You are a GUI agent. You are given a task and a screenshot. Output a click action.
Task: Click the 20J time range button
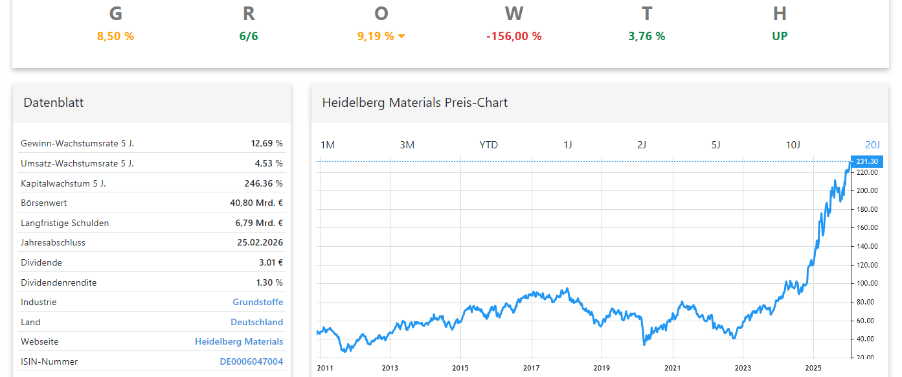(x=872, y=144)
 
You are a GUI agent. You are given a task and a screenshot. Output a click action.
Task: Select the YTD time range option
(x=488, y=144)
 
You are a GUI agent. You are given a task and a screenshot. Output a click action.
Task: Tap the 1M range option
(x=328, y=144)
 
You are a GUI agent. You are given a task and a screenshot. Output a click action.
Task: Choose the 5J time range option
(x=716, y=144)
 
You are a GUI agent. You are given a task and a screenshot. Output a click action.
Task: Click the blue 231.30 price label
(x=866, y=161)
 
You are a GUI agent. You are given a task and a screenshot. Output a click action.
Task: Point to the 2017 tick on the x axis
(x=532, y=368)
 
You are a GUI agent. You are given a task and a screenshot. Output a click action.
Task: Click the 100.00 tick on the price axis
(x=866, y=283)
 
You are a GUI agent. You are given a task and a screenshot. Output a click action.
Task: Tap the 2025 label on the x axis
(x=813, y=368)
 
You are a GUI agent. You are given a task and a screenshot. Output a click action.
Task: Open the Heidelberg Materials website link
(x=239, y=341)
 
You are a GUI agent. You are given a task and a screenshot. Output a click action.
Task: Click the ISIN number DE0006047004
(x=251, y=361)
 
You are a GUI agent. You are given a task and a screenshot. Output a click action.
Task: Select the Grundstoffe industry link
(x=258, y=302)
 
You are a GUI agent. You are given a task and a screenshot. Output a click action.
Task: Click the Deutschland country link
(x=256, y=322)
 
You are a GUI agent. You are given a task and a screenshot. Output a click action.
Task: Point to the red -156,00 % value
(x=513, y=36)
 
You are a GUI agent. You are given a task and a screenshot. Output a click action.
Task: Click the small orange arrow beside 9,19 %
(x=401, y=36)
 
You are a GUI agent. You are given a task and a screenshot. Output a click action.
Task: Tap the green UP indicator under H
(x=780, y=36)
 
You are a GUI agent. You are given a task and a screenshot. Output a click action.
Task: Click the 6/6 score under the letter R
(x=249, y=36)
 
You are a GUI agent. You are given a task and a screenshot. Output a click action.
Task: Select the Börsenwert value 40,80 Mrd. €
(x=256, y=203)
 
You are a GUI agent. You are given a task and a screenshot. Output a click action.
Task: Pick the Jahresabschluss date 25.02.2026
(x=260, y=242)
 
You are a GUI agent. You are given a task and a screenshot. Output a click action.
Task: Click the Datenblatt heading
(x=54, y=102)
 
